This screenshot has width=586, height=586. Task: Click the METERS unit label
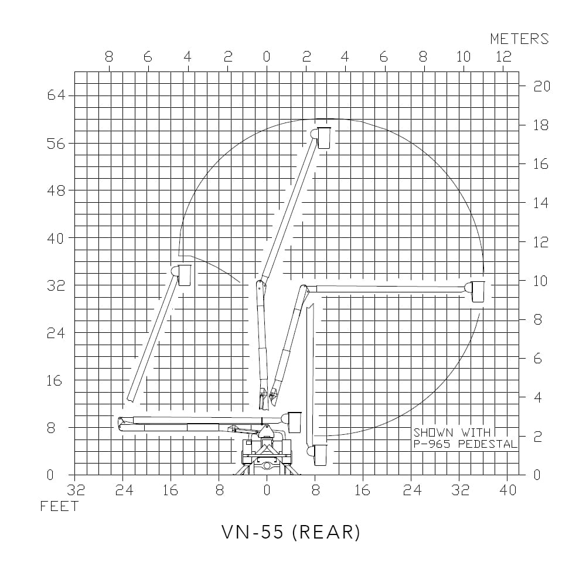click(x=519, y=39)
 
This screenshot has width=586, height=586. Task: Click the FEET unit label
click(x=59, y=506)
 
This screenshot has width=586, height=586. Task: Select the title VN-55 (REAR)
click(x=291, y=532)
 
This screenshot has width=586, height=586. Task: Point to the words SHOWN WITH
click(x=451, y=432)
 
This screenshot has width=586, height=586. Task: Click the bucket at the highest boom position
click(x=324, y=138)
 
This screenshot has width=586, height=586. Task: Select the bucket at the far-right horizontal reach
click(x=478, y=291)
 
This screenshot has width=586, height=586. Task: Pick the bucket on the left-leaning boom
click(x=184, y=275)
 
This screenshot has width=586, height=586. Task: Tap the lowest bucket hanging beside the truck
click(x=319, y=455)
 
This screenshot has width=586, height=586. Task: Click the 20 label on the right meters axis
click(x=541, y=86)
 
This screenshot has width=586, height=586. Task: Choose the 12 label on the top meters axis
click(x=503, y=57)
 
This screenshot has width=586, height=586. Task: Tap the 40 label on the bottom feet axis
click(x=508, y=490)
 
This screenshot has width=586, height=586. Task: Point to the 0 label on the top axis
click(x=267, y=57)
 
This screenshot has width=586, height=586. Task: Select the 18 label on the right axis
click(x=541, y=125)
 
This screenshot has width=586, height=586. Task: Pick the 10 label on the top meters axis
click(x=464, y=57)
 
